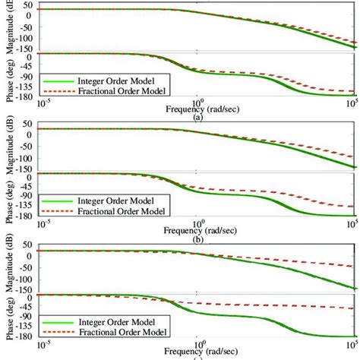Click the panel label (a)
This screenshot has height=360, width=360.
pos(198,118)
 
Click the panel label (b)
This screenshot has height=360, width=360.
pos(198,238)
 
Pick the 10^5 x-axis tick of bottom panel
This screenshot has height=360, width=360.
pos(352,345)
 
